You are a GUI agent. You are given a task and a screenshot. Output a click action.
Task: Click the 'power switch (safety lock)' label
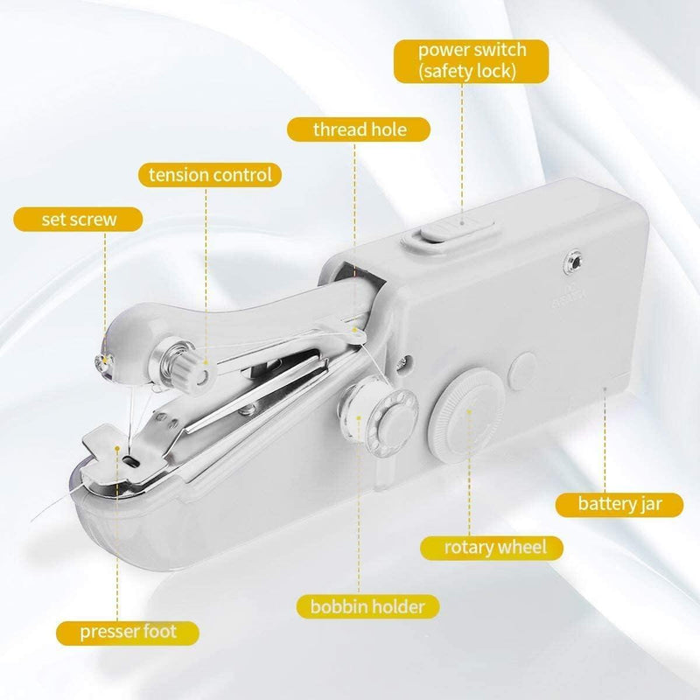(x=472, y=59)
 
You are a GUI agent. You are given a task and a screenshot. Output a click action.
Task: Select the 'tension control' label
(x=210, y=175)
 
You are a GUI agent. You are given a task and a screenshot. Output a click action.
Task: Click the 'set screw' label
(x=79, y=218)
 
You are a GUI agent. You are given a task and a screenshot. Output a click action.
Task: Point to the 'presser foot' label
(x=129, y=632)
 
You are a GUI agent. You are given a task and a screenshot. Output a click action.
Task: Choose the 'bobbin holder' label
(x=368, y=605)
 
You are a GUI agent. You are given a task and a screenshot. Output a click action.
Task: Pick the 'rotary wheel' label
(x=495, y=548)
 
